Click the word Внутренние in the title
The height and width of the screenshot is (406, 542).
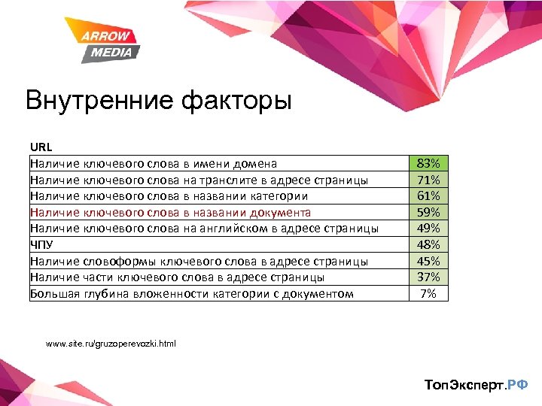click(x=96, y=101)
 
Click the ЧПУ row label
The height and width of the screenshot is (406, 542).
click(x=42, y=244)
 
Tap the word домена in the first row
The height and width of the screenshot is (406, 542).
click(x=256, y=163)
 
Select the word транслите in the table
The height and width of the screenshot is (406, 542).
click(x=234, y=180)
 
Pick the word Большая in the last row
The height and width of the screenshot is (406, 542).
click(x=54, y=293)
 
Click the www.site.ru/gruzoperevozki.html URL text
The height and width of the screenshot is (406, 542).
click(x=111, y=344)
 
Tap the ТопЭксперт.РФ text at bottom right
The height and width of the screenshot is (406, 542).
click(x=476, y=385)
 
